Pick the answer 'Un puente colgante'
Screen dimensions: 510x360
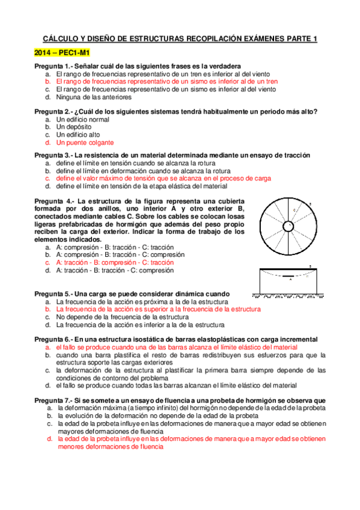(x=85, y=143)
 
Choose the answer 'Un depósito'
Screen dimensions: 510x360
(x=74, y=127)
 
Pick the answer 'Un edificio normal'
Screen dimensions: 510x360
(x=82, y=119)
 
